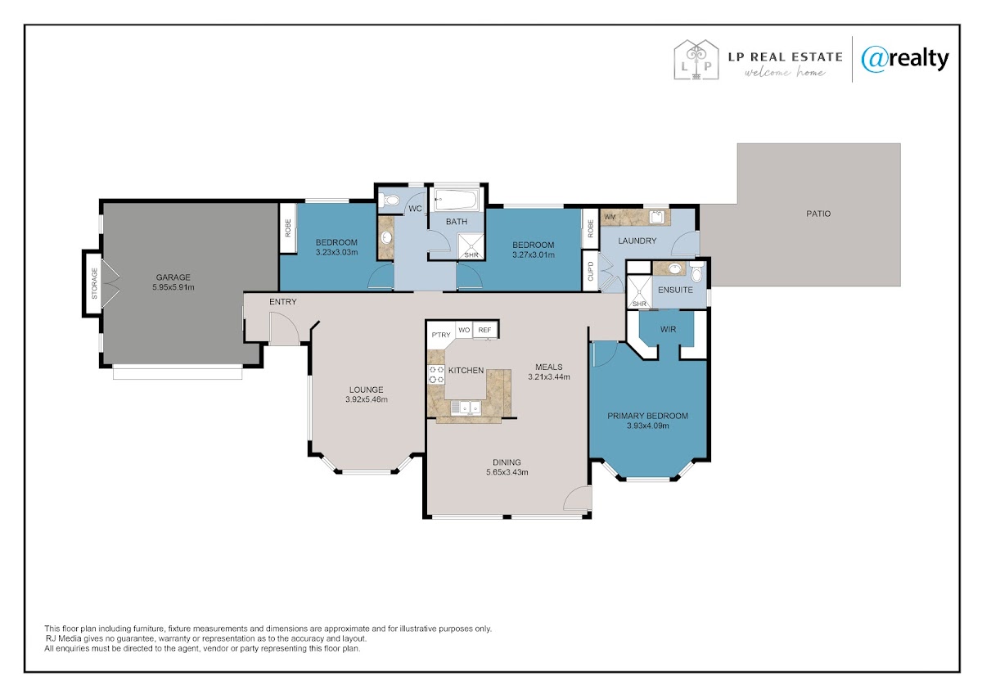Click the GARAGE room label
pos(173,277)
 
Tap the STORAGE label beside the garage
pos(94,283)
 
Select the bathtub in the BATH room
pos(457,200)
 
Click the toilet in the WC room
pos(390,201)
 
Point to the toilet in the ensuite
pos(696,273)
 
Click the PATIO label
pos(818,214)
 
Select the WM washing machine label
pos(610,217)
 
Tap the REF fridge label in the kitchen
pos(484,330)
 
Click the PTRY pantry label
pos(441,335)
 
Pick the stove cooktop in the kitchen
pos(436,375)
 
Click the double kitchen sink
pos(466,408)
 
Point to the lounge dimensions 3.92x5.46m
pos(367,399)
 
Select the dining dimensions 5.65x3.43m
pos(507,472)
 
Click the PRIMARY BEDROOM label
pos(647,416)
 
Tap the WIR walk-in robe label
pos(668,329)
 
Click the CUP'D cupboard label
pos(591,272)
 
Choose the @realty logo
pos(905,60)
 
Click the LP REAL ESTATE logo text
pos(785,57)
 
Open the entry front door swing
pos(284,328)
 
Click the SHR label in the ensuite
pos(640,304)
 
